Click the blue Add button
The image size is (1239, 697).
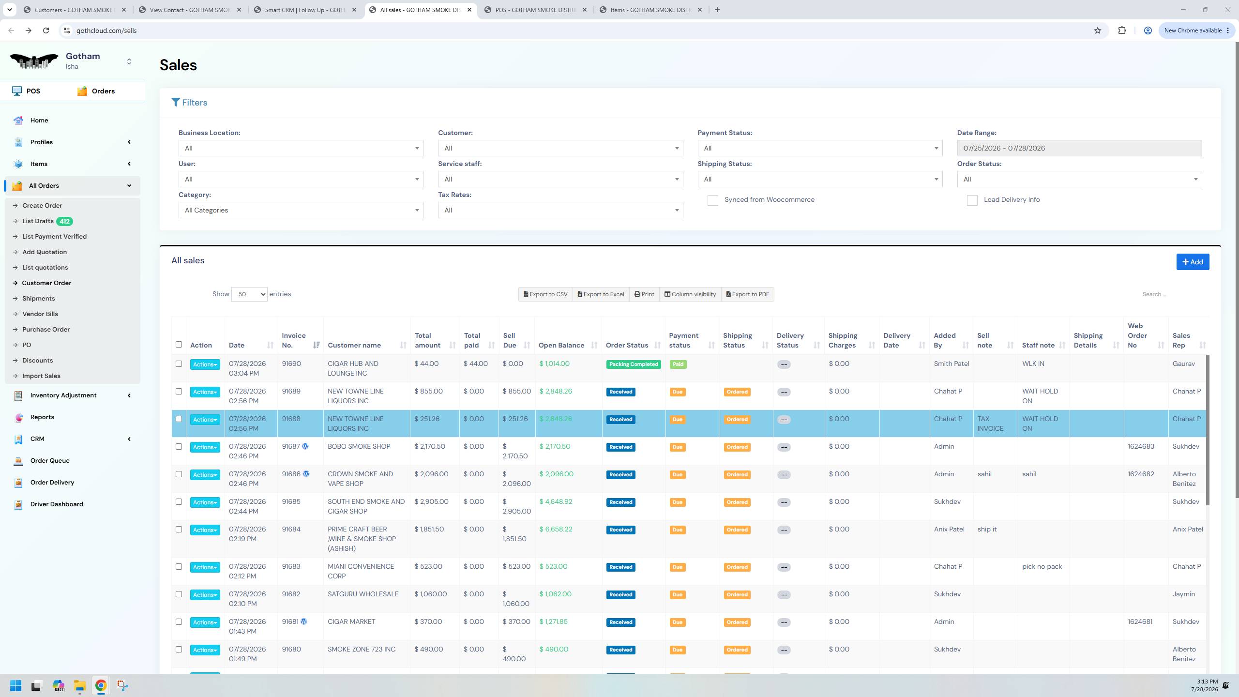pos(1193,262)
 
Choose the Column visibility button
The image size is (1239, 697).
pos(690,294)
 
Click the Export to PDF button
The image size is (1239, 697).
pos(747,294)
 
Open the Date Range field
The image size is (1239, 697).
pos(1079,148)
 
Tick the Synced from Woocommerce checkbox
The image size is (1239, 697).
pos(712,200)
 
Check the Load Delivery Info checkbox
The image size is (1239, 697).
pos(972,200)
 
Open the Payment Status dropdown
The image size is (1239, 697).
pos(820,148)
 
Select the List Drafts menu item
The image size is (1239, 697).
pos(38,221)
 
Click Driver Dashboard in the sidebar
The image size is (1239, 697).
pos(57,504)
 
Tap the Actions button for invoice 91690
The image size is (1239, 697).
pos(205,364)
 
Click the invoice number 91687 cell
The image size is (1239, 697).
pos(291,446)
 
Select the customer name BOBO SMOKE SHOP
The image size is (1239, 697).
pos(359,446)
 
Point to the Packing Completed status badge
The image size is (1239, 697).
pos(634,364)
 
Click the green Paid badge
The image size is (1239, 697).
pos(678,364)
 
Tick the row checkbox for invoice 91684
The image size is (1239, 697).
pos(179,530)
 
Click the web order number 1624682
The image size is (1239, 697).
pos(1141,474)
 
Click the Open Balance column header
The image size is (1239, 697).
pos(561,345)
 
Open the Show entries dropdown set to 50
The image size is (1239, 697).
pos(249,294)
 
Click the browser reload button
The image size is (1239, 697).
pos(46,30)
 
